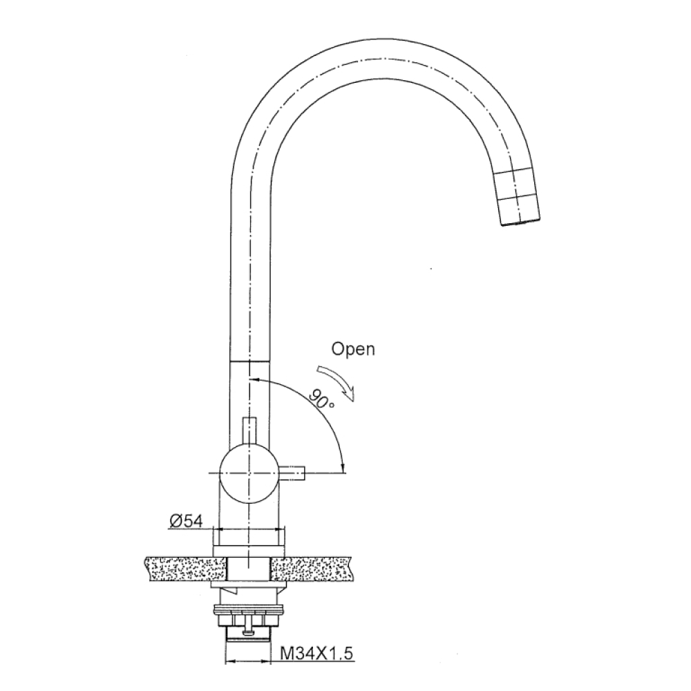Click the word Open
point(353,349)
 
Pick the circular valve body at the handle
point(248,473)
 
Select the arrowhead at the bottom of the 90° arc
point(343,469)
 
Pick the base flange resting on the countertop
point(249,550)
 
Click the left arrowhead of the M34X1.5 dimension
point(231,662)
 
